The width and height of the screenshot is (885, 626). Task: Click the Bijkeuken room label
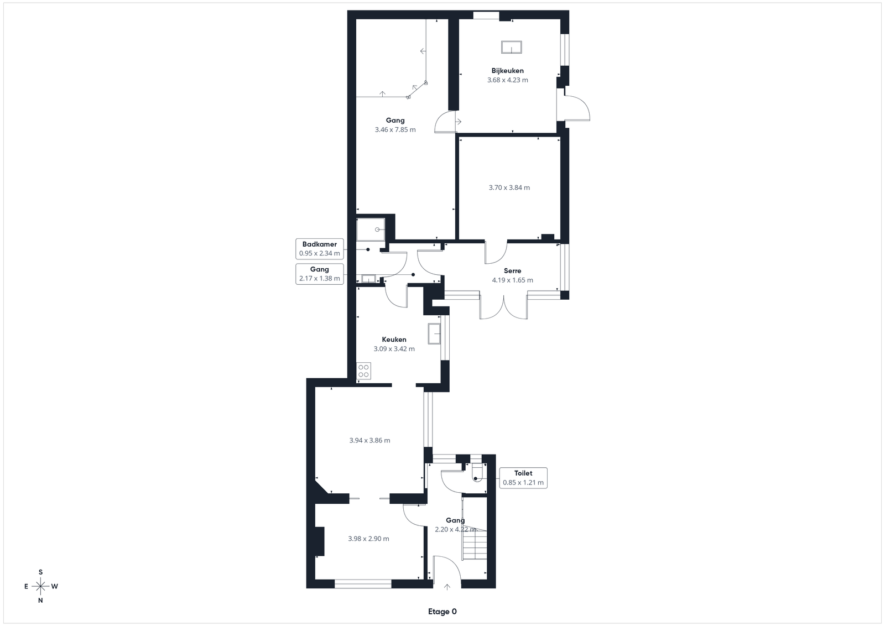coord(507,71)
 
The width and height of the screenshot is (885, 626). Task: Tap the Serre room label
coord(512,271)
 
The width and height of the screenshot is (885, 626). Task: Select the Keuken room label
coord(394,339)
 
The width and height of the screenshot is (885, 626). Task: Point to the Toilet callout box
coord(523,478)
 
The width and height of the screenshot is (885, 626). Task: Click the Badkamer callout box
coord(320,249)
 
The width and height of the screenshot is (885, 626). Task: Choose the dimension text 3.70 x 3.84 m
coord(509,187)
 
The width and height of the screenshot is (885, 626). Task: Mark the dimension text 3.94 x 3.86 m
coord(370,440)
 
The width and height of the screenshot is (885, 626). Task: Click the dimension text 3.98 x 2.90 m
coord(368,539)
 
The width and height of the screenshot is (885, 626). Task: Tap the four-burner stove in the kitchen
coord(363,371)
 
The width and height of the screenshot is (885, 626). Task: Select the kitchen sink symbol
coord(434,333)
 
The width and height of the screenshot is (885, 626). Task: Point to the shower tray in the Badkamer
coord(371,229)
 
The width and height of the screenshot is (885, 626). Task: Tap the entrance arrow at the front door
coord(447,587)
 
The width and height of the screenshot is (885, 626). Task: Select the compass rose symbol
coord(41,587)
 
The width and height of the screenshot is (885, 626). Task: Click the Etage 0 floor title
coord(442,612)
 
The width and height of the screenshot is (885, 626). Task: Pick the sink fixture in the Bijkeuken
coord(512,47)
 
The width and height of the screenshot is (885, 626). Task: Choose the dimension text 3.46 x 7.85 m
coord(395,129)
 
